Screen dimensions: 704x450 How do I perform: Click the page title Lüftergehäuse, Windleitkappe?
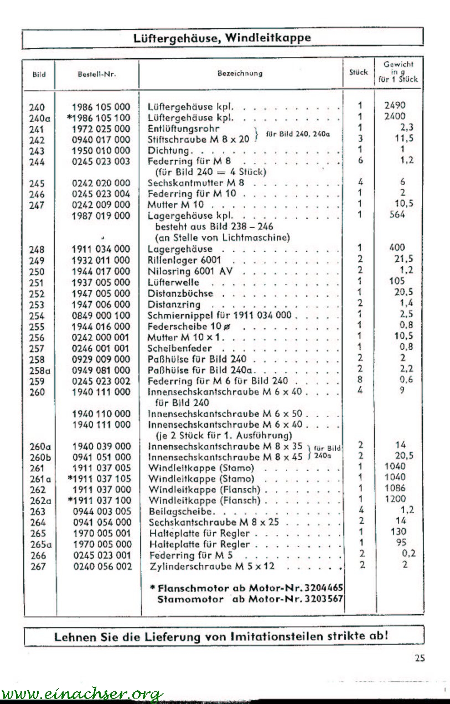pos(222,38)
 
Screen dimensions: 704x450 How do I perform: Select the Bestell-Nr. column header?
pos(97,74)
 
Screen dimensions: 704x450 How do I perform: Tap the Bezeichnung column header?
pos(240,73)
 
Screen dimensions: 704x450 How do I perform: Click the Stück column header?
pos(359,72)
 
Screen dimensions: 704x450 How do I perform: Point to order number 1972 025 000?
pos(101,129)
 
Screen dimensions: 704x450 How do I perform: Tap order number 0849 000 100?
pos(101,316)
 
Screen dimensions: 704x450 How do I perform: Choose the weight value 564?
pos(397,215)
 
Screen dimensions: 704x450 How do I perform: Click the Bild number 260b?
pos(40,457)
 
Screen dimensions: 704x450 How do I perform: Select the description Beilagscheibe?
pos(181,512)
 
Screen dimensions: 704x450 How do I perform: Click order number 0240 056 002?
pos(101,566)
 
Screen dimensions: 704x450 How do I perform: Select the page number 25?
pos(419,658)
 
